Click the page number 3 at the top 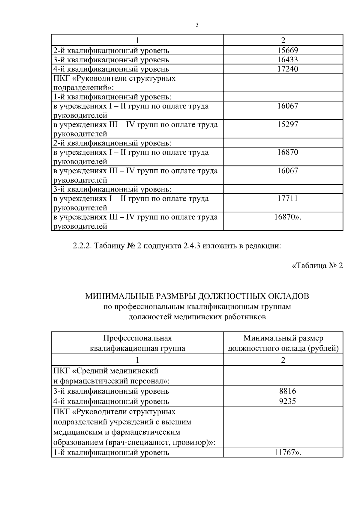point(197,25)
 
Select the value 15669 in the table point(287,50)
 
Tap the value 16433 point(287,60)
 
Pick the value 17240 point(287,69)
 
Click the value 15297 point(287,124)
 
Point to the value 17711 point(287,198)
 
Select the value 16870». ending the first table point(287,217)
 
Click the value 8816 point(287,391)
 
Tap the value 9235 point(287,401)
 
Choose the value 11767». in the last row point(287,452)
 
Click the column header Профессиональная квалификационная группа point(137,343)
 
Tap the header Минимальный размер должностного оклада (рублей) point(283,343)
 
